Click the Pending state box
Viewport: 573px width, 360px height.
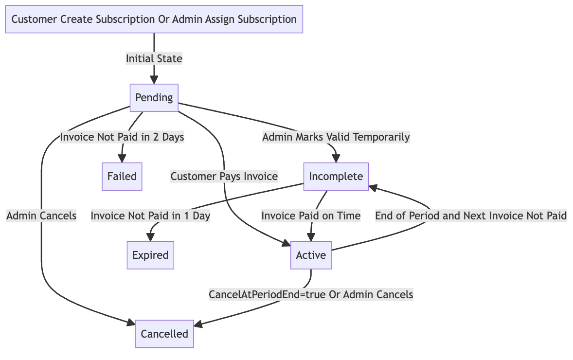(x=154, y=98)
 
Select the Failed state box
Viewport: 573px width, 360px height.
(x=122, y=176)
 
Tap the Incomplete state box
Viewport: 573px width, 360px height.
(x=336, y=176)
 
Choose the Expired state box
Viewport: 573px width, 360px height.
(x=150, y=255)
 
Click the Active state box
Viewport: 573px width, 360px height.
(x=311, y=255)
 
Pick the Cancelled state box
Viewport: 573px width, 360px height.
(x=164, y=334)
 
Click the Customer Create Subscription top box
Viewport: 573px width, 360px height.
(x=154, y=19)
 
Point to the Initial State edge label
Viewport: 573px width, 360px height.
(x=154, y=59)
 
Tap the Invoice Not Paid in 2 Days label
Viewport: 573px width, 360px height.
(x=122, y=137)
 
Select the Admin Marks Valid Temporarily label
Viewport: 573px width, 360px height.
(x=336, y=137)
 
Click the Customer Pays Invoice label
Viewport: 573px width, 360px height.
(x=224, y=177)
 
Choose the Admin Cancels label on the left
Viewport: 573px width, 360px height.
(x=41, y=216)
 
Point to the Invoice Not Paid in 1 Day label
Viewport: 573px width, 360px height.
(x=150, y=216)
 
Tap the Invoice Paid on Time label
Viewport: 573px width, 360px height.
(x=311, y=216)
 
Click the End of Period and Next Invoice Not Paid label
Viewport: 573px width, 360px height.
(x=470, y=216)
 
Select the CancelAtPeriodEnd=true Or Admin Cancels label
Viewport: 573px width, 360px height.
(x=311, y=294)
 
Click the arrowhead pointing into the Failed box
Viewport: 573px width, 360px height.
(x=122, y=159)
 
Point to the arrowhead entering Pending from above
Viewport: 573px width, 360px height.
(x=154, y=80)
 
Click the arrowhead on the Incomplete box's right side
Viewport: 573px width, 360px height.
(x=374, y=186)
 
